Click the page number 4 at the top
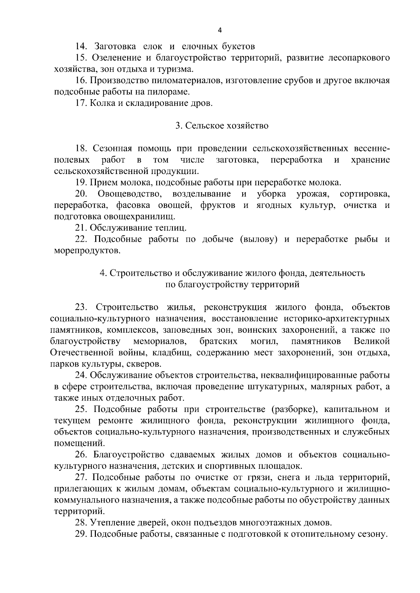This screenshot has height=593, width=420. click(219, 30)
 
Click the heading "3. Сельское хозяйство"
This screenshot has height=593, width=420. click(222, 125)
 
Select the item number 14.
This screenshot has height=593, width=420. click(81, 46)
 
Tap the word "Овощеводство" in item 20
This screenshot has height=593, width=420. click(129, 194)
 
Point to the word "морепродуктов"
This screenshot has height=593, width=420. click(87, 251)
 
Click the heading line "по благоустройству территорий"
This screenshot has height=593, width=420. click(232, 284)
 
